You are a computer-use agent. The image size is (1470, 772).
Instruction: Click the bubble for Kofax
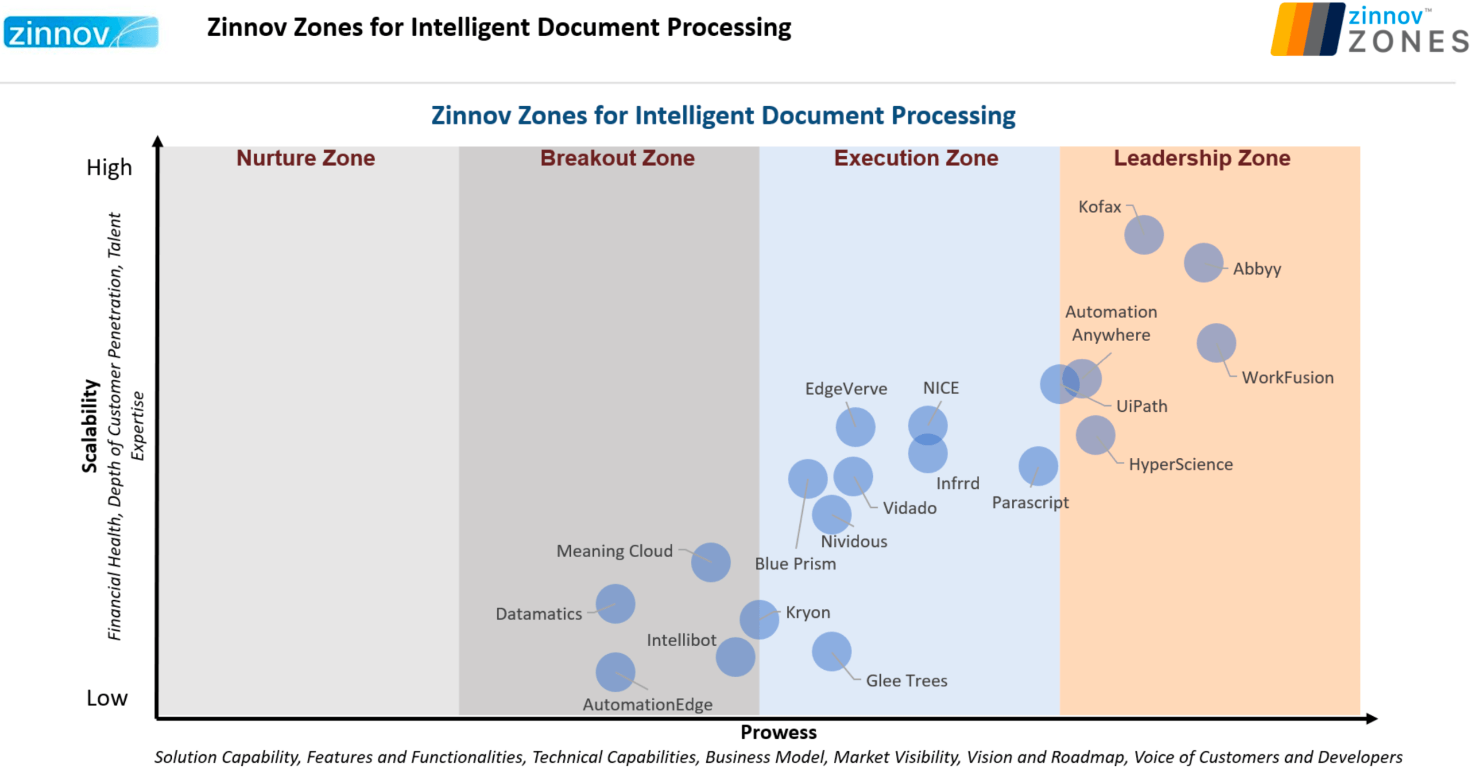[x=1143, y=234]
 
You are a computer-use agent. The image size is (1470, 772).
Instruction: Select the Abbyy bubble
[x=1203, y=262]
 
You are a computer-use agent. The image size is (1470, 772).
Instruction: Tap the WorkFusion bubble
[x=1216, y=342]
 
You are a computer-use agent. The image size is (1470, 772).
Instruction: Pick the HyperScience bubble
[x=1095, y=435]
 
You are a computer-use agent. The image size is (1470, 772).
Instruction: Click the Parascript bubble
[x=1038, y=466]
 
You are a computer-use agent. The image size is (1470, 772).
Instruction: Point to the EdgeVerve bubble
[x=855, y=427]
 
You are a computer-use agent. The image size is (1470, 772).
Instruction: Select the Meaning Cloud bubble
[x=710, y=562]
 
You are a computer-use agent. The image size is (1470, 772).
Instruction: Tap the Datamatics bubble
[x=615, y=603]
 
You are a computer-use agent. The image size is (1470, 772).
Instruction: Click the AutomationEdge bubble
[x=615, y=671]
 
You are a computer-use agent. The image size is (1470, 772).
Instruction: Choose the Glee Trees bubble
[x=831, y=651]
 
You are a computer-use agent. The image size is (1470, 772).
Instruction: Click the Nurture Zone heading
[x=305, y=158]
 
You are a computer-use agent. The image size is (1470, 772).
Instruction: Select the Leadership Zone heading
[x=1201, y=158]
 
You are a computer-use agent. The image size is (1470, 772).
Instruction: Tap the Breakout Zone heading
[x=617, y=158]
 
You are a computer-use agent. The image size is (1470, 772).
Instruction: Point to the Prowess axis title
[x=777, y=732]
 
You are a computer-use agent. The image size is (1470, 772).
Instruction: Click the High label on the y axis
[x=109, y=167]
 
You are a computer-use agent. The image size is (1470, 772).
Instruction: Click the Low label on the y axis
[x=107, y=697]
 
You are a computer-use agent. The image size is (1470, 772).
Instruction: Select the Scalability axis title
[x=89, y=426]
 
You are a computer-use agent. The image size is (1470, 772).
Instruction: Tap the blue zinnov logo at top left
[x=80, y=32]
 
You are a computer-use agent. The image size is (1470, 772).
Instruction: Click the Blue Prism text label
[x=795, y=563]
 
